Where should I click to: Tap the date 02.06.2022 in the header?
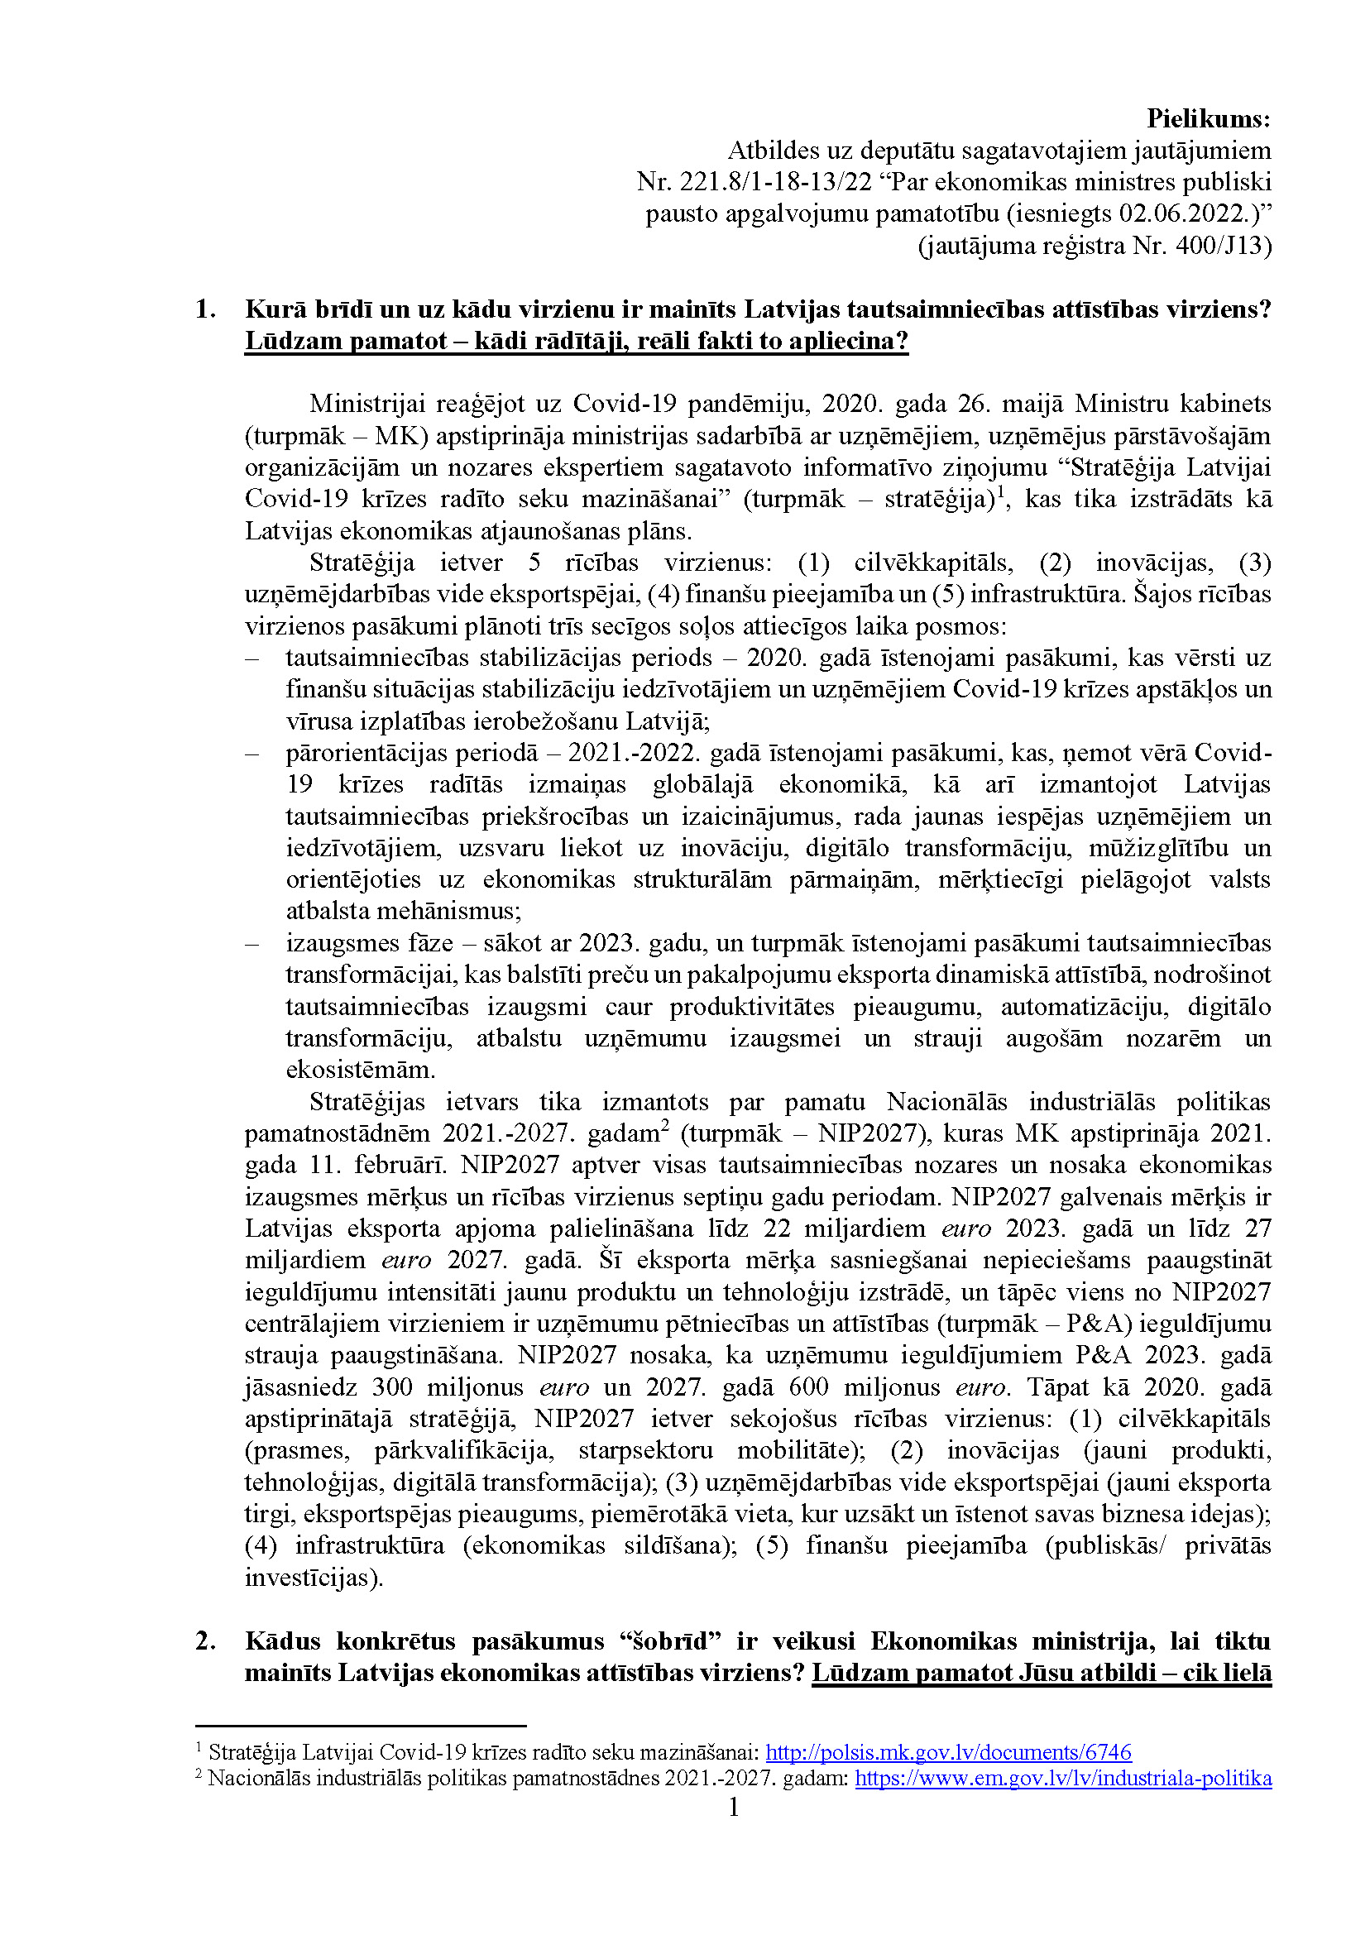pyautogui.click(x=1185, y=214)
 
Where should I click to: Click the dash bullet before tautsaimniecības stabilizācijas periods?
pyautogui.click(x=251, y=658)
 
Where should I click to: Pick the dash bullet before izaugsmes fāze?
pyautogui.click(x=251, y=944)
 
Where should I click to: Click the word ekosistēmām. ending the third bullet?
pyautogui.click(x=360, y=1070)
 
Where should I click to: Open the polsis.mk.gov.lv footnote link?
pyautogui.click(x=948, y=1753)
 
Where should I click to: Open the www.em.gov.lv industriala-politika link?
pyautogui.click(x=1063, y=1779)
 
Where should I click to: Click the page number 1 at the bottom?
pyautogui.click(x=734, y=1807)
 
